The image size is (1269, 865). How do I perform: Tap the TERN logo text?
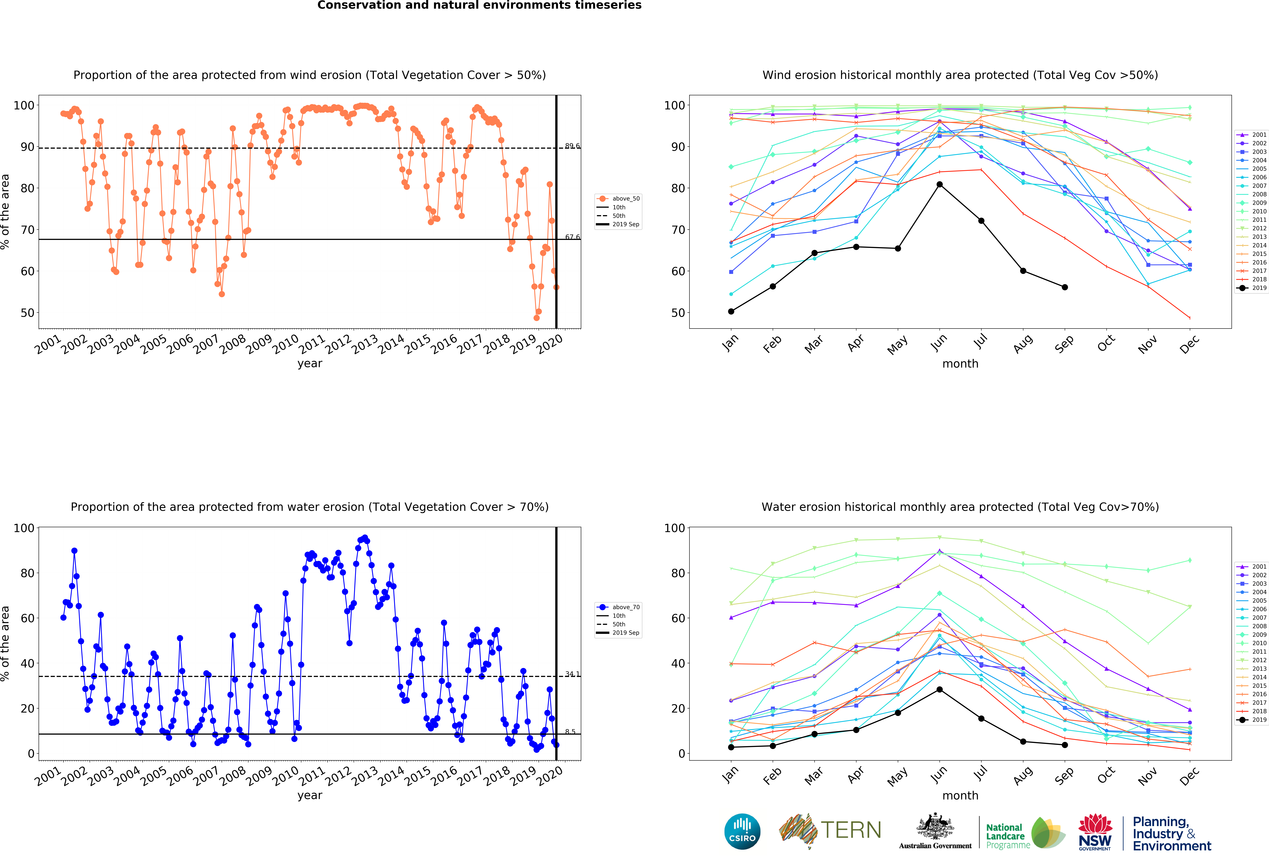click(851, 830)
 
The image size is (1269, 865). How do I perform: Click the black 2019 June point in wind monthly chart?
click(939, 185)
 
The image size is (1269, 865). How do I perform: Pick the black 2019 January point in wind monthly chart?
click(731, 311)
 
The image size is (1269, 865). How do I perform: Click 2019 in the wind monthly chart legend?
click(1252, 288)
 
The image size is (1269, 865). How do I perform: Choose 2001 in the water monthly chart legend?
click(1252, 566)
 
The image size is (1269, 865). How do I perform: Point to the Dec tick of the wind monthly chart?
click(1189, 343)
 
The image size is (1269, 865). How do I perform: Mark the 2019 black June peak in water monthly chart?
click(939, 689)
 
